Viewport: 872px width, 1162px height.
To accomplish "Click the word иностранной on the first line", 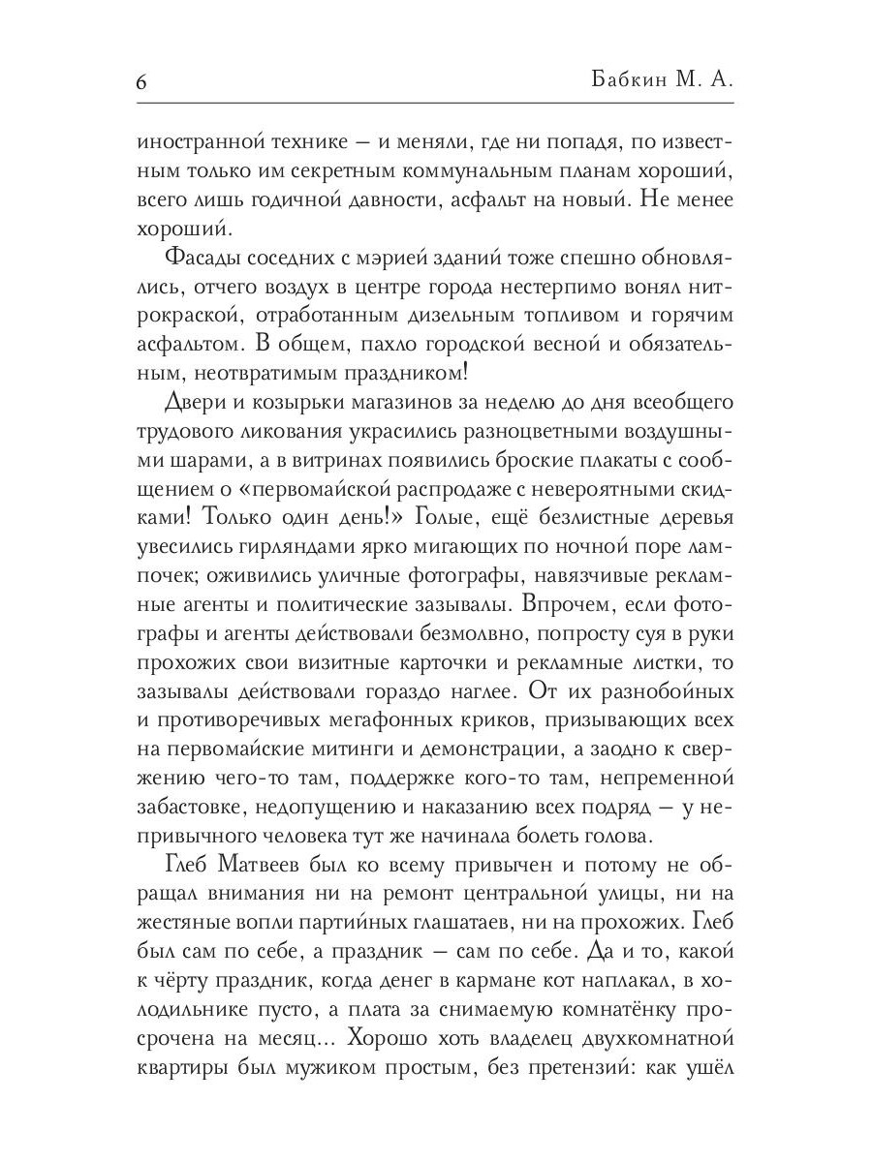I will click(x=202, y=140).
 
